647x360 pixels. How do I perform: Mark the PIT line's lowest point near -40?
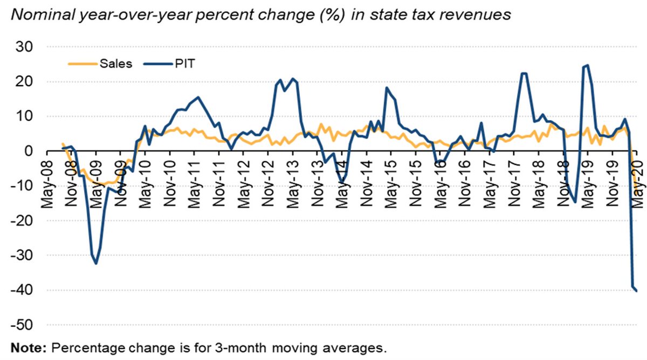(637, 291)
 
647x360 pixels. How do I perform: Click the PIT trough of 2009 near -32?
(96, 264)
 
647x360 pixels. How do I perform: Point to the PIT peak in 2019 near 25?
(587, 66)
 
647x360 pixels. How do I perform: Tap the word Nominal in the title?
(43, 15)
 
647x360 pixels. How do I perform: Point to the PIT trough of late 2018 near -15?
(575, 202)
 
